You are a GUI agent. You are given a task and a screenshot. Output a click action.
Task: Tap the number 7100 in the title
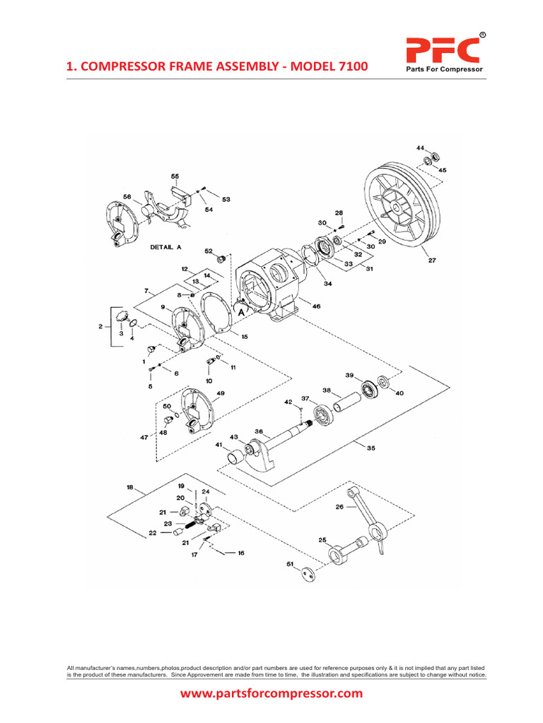tap(348, 67)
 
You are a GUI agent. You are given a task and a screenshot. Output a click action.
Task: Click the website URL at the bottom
tap(271, 693)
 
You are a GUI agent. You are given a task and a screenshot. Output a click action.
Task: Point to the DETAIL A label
tap(166, 248)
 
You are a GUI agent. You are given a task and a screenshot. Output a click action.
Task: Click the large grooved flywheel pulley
tap(400, 208)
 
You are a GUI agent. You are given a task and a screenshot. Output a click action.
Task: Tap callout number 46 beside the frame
tap(315, 307)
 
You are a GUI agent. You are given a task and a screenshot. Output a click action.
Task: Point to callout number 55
tap(175, 176)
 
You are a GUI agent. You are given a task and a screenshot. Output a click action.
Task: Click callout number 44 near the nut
tap(420, 148)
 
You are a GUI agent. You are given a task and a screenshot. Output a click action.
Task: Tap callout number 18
tap(129, 487)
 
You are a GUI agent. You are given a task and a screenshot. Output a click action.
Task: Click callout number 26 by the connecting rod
tap(339, 507)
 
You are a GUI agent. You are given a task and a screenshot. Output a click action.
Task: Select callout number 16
tap(241, 553)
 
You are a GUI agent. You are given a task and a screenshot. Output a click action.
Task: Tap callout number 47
tap(144, 437)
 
